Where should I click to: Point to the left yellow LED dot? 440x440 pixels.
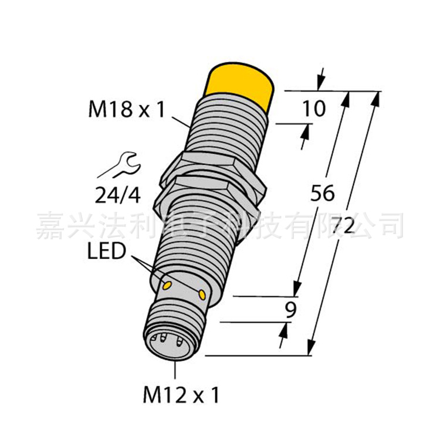[166, 286]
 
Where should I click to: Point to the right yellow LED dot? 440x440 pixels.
[203, 293]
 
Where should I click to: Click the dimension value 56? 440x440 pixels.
[323, 194]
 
